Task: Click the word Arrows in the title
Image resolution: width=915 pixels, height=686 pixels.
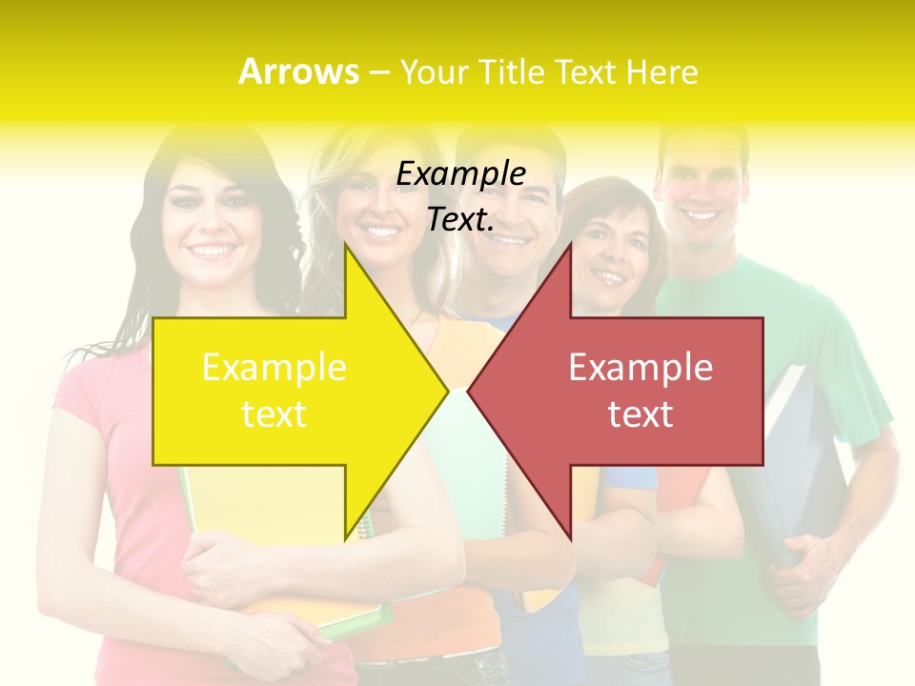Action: click(x=298, y=71)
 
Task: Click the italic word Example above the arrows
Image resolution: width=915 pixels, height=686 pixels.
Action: click(x=460, y=173)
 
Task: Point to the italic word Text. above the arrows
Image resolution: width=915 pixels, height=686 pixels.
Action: click(x=460, y=219)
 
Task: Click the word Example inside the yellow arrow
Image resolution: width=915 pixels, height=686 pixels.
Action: click(x=274, y=367)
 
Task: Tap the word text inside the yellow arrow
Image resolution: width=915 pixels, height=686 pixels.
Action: click(x=274, y=414)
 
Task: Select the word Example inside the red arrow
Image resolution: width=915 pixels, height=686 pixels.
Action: click(x=640, y=367)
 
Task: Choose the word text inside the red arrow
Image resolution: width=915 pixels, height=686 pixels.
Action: click(x=640, y=414)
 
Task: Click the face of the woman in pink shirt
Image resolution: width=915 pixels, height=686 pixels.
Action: click(x=212, y=224)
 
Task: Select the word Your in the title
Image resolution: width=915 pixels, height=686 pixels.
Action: click(x=432, y=71)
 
